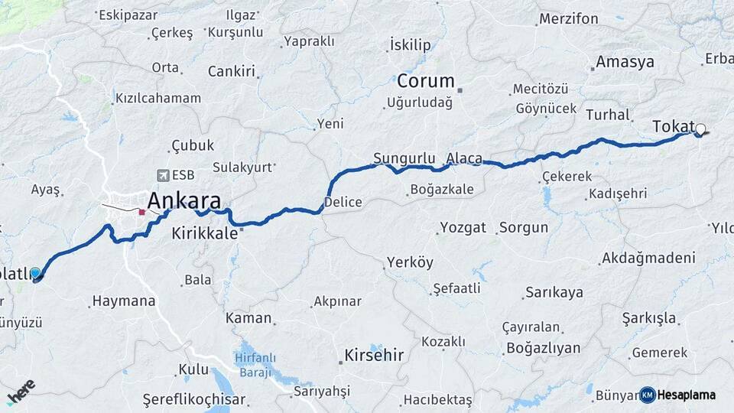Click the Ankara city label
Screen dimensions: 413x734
point(184,201)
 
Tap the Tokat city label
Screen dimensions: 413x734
point(674,127)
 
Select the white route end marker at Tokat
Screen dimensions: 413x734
point(700,129)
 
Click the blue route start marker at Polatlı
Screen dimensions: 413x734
point(35,273)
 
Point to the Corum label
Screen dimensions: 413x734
point(425,81)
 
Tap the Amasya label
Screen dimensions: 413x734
point(625,62)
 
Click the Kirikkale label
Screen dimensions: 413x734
point(205,233)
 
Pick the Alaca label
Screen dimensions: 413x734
point(464,158)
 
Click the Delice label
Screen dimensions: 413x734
point(343,203)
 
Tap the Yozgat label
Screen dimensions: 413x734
point(463,228)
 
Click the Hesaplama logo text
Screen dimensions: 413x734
point(687,395)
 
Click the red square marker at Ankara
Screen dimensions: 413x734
point(142,211)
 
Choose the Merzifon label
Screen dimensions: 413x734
point(568,18)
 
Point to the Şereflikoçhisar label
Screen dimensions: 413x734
point(194,399)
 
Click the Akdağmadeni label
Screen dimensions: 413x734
point(648,258)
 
